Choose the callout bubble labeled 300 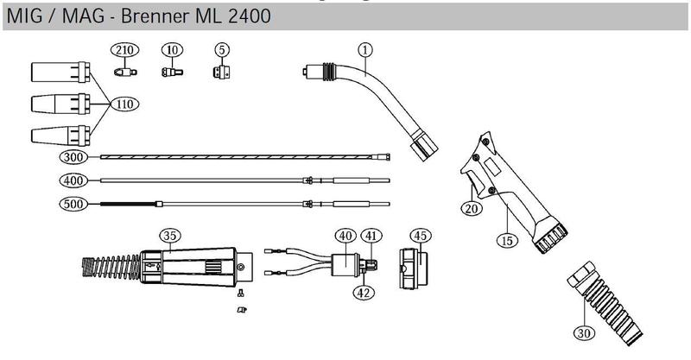point(73,156)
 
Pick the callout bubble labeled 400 point(73,180)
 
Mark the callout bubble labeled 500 point(73,205)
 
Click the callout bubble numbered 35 point(169,234)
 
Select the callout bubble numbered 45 point(420,235)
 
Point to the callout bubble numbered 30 point(584,332)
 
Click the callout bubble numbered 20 point(471,208)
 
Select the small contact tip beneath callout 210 point(126,72)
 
